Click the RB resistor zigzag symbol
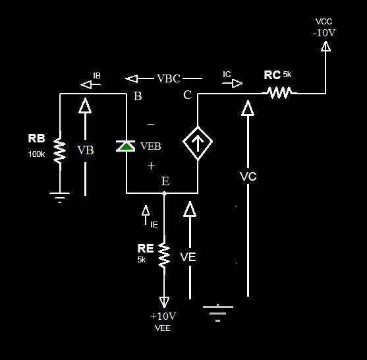(x=60, y=152)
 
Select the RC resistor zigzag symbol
(x=280, y=94)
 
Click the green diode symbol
(x=125, y=146)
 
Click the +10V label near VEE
(x=163, y=316)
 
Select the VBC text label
(x=169, y=78)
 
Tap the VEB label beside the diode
(x=151, y=146)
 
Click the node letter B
(x=138, y=96)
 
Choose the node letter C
(x=187, y=96)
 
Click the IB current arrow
(x=86, y=84)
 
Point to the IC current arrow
(x=234, y=83)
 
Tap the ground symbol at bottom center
(x=218, y=311)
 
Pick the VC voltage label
(x=248, y=177)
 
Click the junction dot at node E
(x=164, y=194)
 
